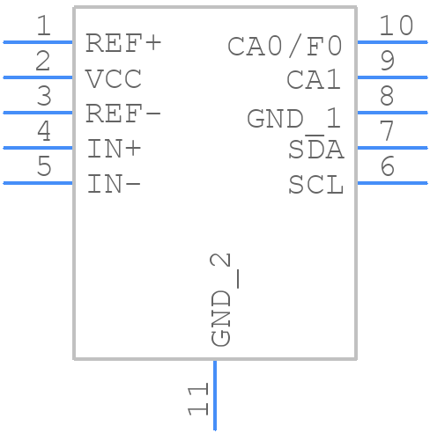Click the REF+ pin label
coord(123,43)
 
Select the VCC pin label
coord(114,79)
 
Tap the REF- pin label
coord(123,114)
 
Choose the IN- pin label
coord(114,185)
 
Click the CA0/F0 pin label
coord(285,46)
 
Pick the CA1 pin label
coord(315,80)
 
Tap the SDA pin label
coord(315,150)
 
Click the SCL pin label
coord(315,186)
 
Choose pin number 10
coord(396,26)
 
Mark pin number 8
coord(387,97)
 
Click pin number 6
coord(387,167)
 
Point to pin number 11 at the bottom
coord(198,400)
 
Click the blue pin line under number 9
coord(392,77)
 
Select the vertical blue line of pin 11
coord(214,396)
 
